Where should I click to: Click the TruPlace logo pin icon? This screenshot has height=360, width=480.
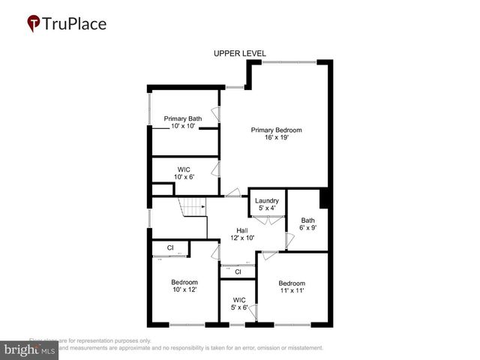coord(34,24)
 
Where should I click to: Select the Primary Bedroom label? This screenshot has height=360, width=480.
coord(277,130)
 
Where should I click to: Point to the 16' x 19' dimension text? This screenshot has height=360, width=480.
coord(277,138)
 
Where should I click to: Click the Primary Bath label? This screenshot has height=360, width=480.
coord(183,118)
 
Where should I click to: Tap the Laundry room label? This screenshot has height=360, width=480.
coord(267,201)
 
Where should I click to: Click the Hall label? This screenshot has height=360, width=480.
coord(242,230)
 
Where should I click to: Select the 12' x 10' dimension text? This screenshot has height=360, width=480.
coord(242,238)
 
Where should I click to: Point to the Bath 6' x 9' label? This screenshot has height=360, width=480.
coord(308,224)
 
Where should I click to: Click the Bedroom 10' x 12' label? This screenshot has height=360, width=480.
coord(184,285)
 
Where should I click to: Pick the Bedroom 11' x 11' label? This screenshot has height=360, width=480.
coord(292,286)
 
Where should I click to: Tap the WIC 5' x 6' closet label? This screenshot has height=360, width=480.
coord(239,303)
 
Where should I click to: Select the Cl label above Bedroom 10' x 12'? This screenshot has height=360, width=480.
coord(170,247)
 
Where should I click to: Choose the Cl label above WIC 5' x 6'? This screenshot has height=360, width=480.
coord(238,272)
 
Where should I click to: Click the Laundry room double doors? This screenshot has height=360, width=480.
coord(267,219)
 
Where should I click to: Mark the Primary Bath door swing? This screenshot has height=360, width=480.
coord(215,114)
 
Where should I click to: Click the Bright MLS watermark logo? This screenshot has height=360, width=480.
coord(29,350)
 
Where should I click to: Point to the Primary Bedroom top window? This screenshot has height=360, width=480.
coord(289,61)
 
